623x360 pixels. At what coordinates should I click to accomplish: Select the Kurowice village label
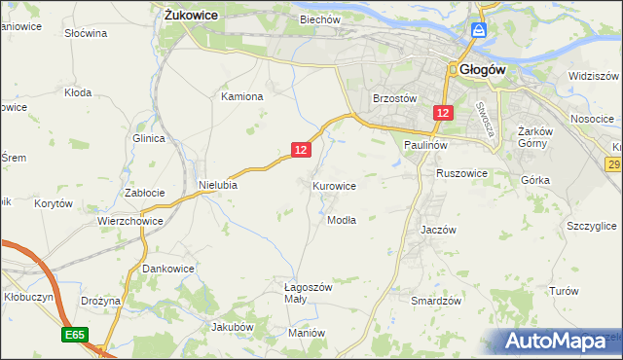(x=334, y=185)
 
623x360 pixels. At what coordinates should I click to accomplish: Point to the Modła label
(x=342, y=220)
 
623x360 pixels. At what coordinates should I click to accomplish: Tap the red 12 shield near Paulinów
(x=443, y=113)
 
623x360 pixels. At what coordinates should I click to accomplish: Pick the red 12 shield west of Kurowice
(x=301, y=149)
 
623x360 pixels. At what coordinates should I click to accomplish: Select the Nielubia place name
(x=218, y=184)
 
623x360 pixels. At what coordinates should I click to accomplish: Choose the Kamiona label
(x=242, y=97)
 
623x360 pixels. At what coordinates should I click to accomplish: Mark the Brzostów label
(x=395, y=98)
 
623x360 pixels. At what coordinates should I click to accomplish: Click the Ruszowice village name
(x=461, y=173)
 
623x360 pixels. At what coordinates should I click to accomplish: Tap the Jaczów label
(x=438, y=230)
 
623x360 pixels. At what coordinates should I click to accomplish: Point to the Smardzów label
(x=435, y=302)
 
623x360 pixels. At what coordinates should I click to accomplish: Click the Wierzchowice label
(x=128, y=221)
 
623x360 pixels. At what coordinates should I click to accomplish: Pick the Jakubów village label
(x=233, y=328)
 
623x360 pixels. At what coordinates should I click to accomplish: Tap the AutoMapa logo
(x=562, y=341)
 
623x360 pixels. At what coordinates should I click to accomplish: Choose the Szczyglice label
(x=591, y=226)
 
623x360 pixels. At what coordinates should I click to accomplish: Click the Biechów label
(x=319, y=19)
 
